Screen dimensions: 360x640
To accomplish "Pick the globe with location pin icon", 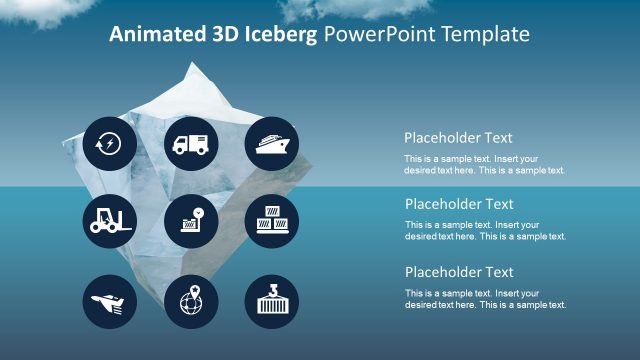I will pyautogui.click(x=190, y=299).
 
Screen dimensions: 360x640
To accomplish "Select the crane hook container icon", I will pyautogui.click(x=271, y=299).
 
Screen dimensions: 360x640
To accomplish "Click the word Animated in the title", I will pyautogui.click(x=153, y=35).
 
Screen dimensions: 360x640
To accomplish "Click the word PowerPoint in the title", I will pyautogui.click(x=382, y=35).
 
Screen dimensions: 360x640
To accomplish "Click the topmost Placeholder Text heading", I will pyautogui.click(x=458, y=138).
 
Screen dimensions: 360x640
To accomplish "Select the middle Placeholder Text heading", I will pyautogui.click(x=458, y=204).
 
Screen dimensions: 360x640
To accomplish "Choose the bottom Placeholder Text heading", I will pyautogui.click(x=458, y=272).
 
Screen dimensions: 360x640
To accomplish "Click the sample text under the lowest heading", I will pyautogui.click(x=485, y=299).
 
